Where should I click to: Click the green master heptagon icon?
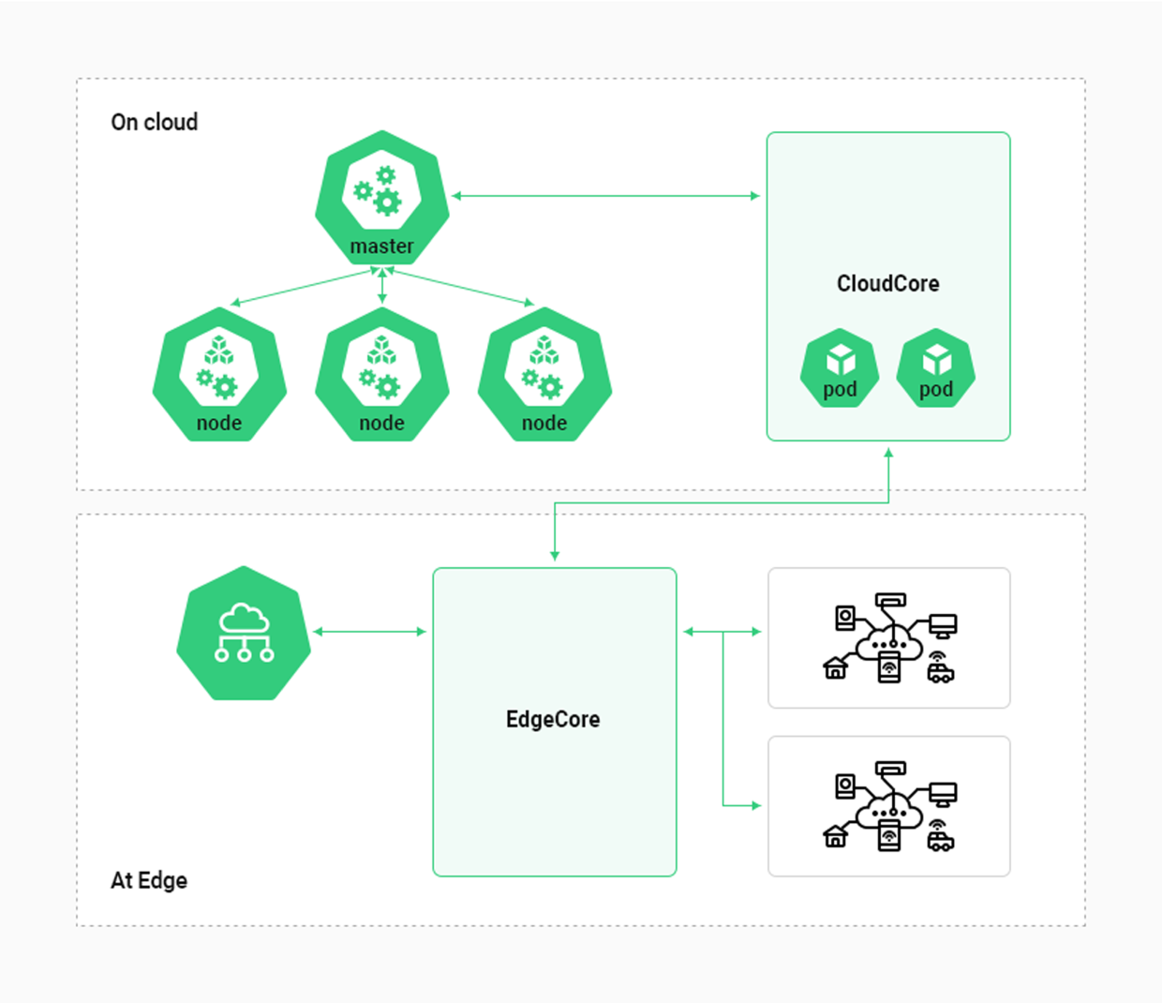click(381, 197)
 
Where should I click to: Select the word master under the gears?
click(381, 247)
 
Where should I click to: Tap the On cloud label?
click(155, 122)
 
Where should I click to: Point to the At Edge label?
click(149, 880)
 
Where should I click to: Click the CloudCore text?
click(887, 283)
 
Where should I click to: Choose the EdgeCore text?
click(553, 719)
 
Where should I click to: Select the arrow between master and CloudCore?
click(605, 196)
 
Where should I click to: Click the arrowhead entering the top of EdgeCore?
click(555, 556)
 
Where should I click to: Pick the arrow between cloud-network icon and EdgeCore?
click(369, 632)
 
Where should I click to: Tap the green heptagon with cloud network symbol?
click(244, 633)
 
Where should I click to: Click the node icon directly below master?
click(381, 375)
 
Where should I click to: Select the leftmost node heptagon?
click(219, 375)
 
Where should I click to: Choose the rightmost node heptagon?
click(544, 375)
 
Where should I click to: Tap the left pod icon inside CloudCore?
click(840, 367)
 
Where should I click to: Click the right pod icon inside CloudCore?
click(936, 367)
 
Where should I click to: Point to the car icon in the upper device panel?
click(940, 670)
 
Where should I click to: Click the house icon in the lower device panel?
click(835, 836)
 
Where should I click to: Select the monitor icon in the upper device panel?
click(943, 625)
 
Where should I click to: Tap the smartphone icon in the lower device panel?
click(888, 834)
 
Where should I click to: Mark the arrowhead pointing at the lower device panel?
click(755, 805)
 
